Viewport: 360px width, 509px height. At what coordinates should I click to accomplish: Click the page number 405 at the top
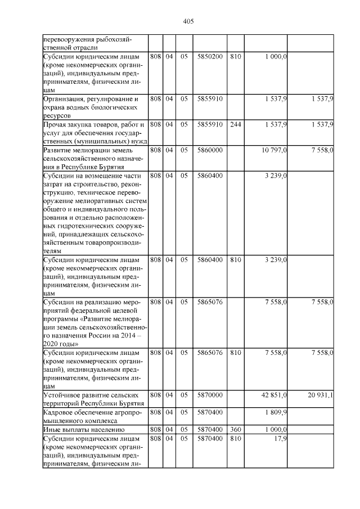tap(188, 21)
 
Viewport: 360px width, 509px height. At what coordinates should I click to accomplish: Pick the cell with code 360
tap(236, 429)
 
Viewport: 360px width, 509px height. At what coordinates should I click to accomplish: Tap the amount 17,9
tap(281, 438)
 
